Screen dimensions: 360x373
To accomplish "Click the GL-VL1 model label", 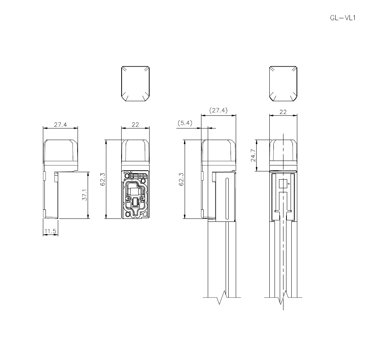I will coord(343,18).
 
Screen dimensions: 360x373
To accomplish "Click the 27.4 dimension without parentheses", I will coord(60,125).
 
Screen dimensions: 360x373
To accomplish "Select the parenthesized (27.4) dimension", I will coord(218,110).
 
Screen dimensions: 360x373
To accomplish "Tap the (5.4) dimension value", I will coord(185,123).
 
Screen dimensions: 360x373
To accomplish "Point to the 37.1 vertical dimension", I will coord(85,195).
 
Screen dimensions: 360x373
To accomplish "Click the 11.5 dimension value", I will coord(50,232).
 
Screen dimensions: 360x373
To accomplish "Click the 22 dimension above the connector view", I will coord(135,125).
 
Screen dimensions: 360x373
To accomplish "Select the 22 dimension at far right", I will coord(283,112).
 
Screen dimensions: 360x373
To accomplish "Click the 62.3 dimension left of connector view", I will coord(103,179).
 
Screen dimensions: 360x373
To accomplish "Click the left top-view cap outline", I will coord(135,84).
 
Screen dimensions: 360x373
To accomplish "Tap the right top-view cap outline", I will coord(283,84).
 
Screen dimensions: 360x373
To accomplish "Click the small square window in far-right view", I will coord(283,184).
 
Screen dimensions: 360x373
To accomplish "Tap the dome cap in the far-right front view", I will coord(283,151).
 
